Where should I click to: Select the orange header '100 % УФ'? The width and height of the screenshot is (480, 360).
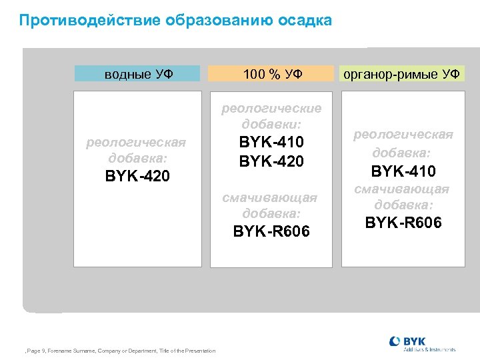tap(272, 74)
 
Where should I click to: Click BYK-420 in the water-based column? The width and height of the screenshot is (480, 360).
tap(137, 177)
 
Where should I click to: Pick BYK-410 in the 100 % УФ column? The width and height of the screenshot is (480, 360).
tap(271, 142)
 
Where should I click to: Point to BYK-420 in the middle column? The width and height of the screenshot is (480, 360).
tap(271, 161)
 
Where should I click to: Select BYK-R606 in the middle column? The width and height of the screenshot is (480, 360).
tap(271, 231)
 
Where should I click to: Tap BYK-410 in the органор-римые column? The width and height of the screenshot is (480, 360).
tap(403, 172)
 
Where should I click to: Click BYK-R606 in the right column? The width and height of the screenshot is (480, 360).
tap(403, 223)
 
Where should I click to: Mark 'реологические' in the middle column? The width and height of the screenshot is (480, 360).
tap(271, 108)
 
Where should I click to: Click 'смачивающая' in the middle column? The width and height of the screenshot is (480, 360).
tap(271, 197)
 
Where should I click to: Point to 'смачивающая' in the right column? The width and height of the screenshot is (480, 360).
tap(402, 189)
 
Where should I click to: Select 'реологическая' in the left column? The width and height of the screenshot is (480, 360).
tap(137, 143)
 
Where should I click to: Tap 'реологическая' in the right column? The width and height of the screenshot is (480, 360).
tap(403, 135)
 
